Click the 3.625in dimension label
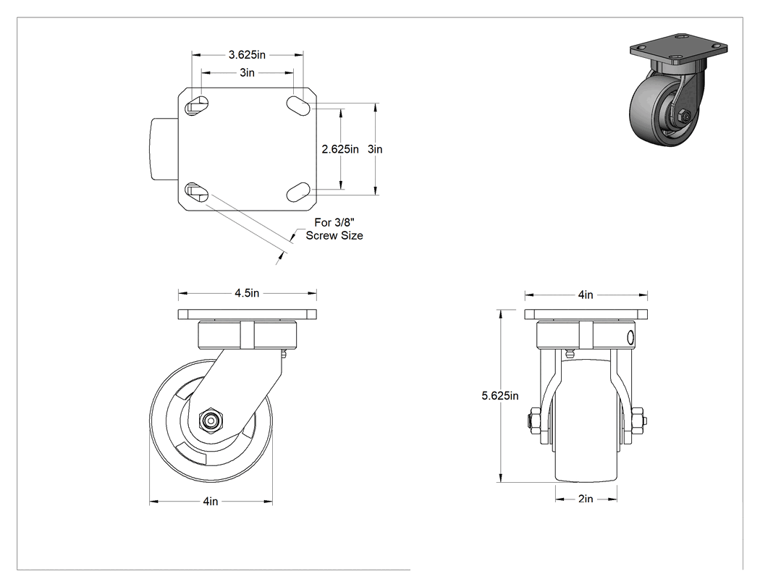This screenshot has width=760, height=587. click(248, 55)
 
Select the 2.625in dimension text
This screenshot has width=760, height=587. click(340, 149)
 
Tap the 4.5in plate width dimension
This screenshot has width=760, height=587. click(248, 293)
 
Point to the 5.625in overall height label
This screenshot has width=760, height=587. click(500, 396)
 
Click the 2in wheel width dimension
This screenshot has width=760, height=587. click(586, 499)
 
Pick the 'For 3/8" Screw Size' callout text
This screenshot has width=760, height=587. click(334, 229)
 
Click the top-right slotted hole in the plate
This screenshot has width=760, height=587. click(298, 105)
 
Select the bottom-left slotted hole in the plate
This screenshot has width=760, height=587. click(197, 192)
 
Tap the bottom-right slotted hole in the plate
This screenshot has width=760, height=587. click(298, 192)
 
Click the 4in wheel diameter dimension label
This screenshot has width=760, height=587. click(211, 501)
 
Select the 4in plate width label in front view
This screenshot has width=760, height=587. click(586, 295)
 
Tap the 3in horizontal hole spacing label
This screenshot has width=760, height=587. click(248, 72)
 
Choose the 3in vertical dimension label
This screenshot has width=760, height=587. click(375, 149)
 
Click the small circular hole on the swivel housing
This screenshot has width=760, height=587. click(630, 337)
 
